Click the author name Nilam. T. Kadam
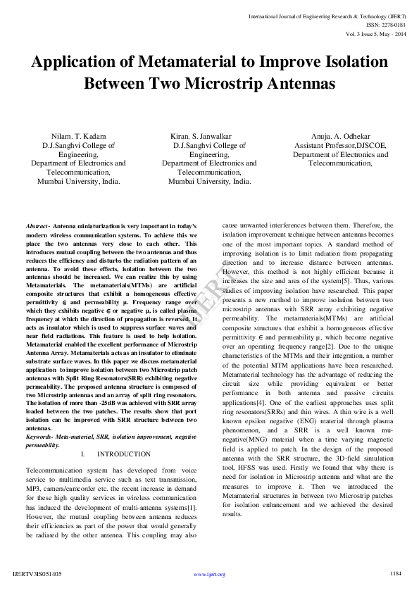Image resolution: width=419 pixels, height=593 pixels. pos(78,136)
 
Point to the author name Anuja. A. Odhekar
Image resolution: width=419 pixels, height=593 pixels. pos(340,136)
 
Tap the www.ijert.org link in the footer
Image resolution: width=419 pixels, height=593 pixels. pos(209,575)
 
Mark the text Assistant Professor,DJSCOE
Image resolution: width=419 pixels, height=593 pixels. pos(340,145)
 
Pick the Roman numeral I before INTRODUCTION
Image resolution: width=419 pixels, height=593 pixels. pos(83,454)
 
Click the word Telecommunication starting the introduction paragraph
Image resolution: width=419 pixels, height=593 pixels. pos(54,468)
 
